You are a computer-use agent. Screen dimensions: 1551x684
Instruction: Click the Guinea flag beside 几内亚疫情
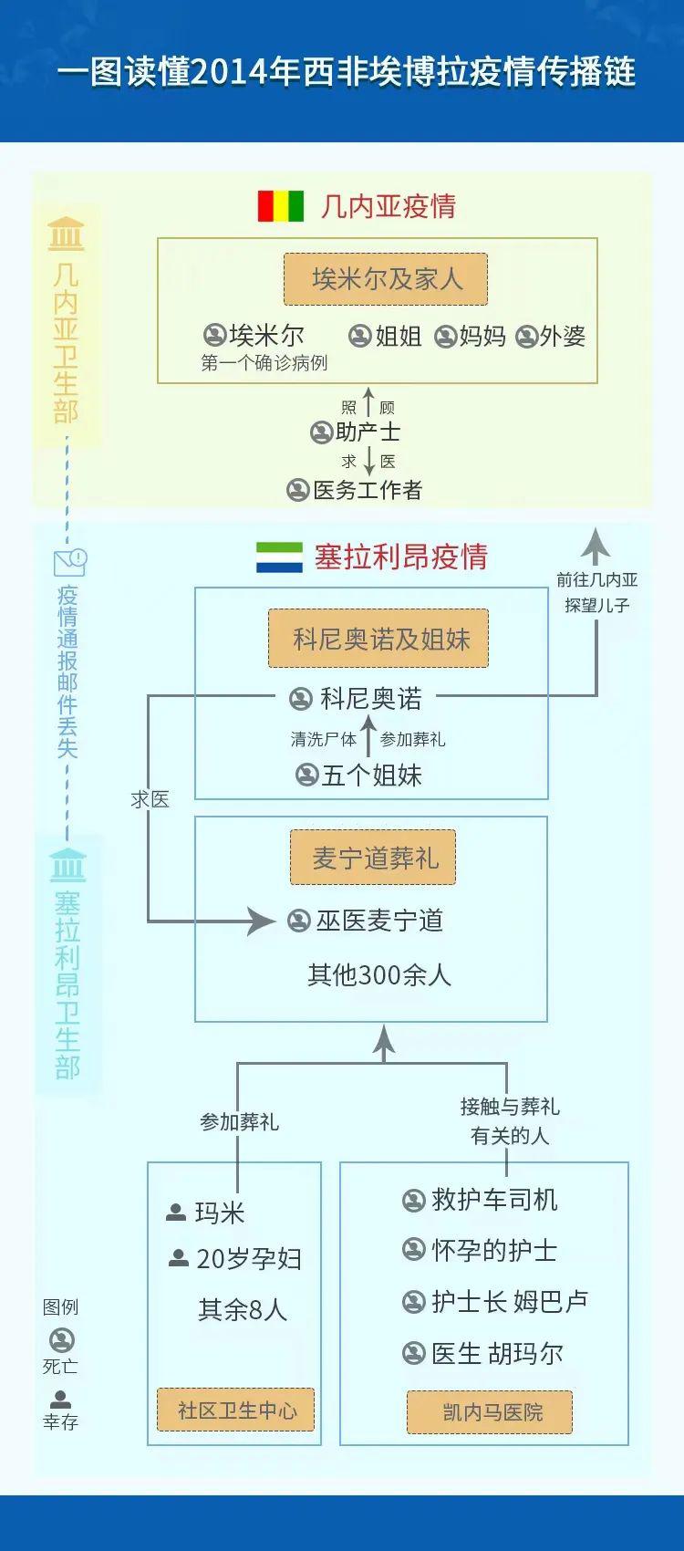(281, 206)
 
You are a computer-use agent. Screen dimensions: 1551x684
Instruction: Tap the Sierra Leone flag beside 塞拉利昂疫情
(279, 557)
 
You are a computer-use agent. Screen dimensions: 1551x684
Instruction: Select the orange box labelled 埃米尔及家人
(386, 279)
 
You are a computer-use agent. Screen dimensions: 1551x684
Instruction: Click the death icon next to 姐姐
(361, 337)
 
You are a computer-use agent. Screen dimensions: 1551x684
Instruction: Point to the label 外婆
(562, 337)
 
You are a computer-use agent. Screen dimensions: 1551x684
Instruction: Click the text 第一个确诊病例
(264, 363)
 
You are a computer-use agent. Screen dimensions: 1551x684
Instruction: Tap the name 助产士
(368, 432)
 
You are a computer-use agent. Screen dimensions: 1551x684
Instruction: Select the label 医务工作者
(368, 490)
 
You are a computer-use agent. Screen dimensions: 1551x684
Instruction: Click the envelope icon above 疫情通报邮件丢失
(70, 562)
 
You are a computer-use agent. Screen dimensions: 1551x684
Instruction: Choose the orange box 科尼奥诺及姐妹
(378, 639)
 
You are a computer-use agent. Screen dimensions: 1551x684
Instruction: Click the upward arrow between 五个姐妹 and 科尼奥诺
(368, 735)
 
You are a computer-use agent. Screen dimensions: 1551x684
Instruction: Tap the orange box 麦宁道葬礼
(373, 858)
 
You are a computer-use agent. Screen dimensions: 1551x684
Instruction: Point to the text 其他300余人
(378, 975)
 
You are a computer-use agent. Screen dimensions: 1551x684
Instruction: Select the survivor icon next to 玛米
(176, 1213)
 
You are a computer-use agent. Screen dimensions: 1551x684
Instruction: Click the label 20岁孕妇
(249, 1259)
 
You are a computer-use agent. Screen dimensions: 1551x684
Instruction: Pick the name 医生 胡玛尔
(497, 1353)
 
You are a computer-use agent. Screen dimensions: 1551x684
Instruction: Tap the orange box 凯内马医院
(490, 1412)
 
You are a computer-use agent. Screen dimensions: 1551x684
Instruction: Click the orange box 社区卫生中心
(236, 1410)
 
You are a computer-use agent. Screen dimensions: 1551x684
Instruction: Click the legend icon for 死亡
(62, 1340)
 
